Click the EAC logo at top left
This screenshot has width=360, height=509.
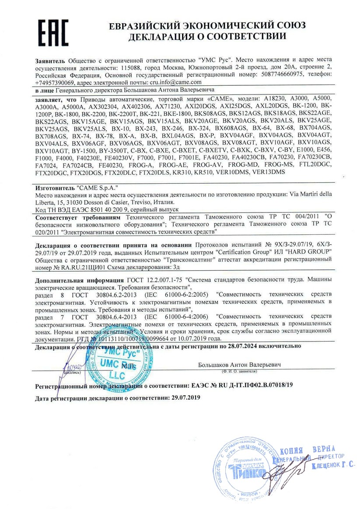tap(52, 31)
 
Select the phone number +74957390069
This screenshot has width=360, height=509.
tap(55, 82)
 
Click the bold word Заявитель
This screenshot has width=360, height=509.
tap(50, 59)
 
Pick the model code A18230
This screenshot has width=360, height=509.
tap(275, 98)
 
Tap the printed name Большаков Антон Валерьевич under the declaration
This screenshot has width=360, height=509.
tap(239, 364)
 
